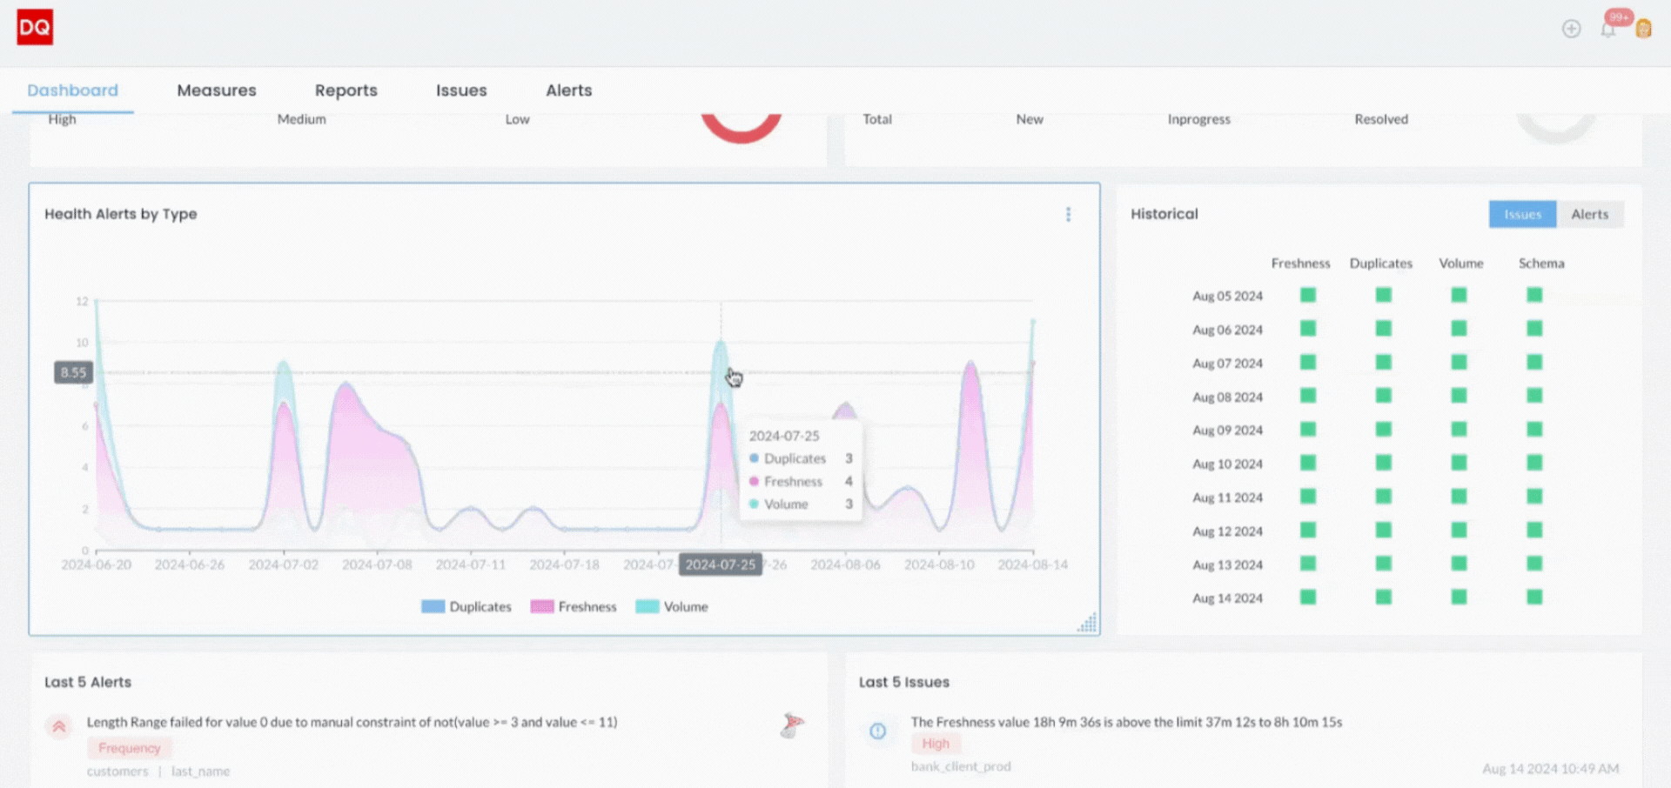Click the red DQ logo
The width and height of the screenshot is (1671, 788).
point(35,27)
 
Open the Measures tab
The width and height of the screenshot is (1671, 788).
point(217,90)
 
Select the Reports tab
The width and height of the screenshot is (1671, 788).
point(346,90)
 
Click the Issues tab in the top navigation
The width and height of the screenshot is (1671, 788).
point(461,90)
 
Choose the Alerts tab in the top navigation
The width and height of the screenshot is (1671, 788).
point(568,90)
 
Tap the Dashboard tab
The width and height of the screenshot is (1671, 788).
point(72,90)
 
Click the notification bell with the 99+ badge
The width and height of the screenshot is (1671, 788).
point(1607,30)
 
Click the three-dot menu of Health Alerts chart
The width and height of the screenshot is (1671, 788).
point(1068,214)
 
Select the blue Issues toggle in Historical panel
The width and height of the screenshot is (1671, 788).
point(1521,214)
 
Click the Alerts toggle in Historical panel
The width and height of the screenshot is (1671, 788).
point(1589,214)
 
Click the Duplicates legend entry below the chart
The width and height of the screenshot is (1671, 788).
point(466,607)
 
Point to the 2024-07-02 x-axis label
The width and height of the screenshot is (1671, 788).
point(283,565)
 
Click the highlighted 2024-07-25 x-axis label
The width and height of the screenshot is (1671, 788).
point(720,565)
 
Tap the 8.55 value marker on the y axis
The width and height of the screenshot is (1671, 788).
point(73,373)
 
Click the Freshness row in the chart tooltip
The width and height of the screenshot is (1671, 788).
point(793,482)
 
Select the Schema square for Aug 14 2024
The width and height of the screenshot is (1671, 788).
point(1534,598)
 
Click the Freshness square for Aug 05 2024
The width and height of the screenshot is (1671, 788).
point(1307,296)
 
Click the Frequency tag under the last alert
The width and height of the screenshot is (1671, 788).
point(129,748)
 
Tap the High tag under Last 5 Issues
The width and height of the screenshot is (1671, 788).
point(936,744)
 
